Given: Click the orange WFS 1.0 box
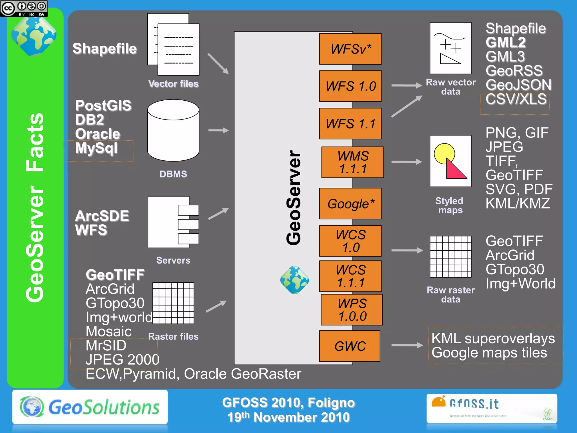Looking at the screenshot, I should click(x=350, y=86).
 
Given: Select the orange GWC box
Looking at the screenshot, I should click(x=350, y=346).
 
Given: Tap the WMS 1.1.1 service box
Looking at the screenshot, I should click(x=352, y=162).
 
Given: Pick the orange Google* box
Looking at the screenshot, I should click(x=350, y=204).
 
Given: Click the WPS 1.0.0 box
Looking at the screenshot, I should click(x=352, y=310).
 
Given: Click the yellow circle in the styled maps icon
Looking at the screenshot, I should click(x=444, y=153).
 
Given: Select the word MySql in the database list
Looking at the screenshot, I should click(x=96, y=148).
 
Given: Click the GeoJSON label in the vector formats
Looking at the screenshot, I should click(x=518, y=85).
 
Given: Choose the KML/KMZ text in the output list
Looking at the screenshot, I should click(x=518, y=203).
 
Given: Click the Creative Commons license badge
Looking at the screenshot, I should click(x=24, y=8).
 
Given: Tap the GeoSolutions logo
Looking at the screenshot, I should click(x=90, y=407).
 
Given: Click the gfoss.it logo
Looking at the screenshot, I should click(x=492, y=408).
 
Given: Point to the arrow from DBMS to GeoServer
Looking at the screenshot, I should click(x=218, y=130).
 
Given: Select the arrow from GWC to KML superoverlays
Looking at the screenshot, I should click(x=407, y=345).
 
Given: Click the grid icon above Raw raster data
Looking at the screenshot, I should click(x=450, y=257).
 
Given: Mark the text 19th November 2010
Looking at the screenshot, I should click(x=288, y=417).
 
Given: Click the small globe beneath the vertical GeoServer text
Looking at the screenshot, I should click(x=294, y=280).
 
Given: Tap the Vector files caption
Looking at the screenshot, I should click(x=173, y=84).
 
